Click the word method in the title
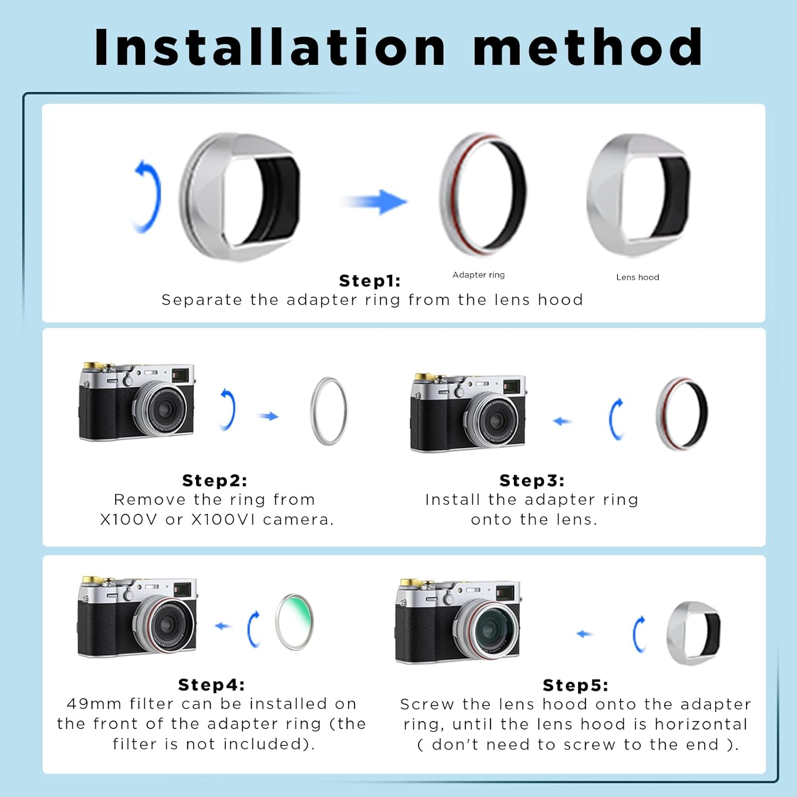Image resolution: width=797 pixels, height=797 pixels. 588,48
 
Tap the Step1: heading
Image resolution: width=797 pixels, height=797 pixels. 370,281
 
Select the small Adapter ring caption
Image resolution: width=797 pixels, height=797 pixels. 478,275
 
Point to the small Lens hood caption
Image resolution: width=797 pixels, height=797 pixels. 637,277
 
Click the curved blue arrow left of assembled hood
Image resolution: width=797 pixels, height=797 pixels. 147,196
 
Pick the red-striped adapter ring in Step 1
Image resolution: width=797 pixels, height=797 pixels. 482,194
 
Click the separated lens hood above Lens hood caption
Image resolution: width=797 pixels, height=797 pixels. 638,195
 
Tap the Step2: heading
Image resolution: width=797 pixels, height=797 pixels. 215,480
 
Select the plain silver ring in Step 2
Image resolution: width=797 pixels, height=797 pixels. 329,411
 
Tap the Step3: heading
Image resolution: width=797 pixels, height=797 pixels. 532,480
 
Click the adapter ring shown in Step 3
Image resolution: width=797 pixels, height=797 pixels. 682,413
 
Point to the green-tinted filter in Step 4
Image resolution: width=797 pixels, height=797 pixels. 294,622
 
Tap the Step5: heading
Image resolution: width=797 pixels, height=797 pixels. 575,685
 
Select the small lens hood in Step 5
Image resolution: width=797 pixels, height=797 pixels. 693,633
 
